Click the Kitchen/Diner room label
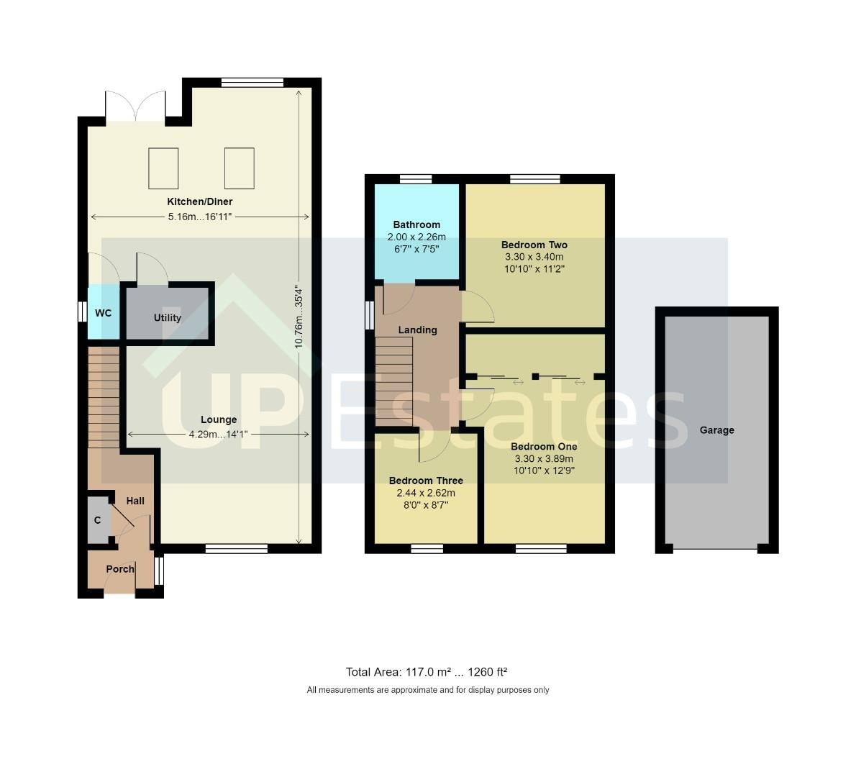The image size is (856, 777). pyautogui.click(x=200, y=201)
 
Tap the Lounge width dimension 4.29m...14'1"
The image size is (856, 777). pyautogui.click(x=219, y=434)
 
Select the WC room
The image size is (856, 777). pyautogui.click(x=103, y=313)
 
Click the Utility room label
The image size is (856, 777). pyautogui.click(x=168, y=317)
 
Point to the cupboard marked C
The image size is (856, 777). pyautogui.click(x=97, y=519)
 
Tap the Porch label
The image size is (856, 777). pyautogui.click(x=120, y=568)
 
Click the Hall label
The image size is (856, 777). pyautogui.click(x=135, y=501)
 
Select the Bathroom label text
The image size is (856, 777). pyautogui.click(x=416, y=224)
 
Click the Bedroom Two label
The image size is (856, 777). pyautogui.click(x=534, y=245)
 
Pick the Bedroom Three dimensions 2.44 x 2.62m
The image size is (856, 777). pyautogui.click(x=426, y=493)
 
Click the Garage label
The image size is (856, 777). pyautogui.click(x=716, y=430)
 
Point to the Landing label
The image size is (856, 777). pyautogui.click(x=418, y=330)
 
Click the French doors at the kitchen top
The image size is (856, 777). pyautogui.click(x=135, y=106)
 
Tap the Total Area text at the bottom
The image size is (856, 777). pyautogui.click(x=427, y=672)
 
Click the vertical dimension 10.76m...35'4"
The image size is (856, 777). pyautogui.click(x=299, y=317)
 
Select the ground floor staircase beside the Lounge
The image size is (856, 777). pyautogui.click(x=104, y=397)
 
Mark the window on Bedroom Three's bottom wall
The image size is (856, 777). pyautogui.click(x=427, y=549)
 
